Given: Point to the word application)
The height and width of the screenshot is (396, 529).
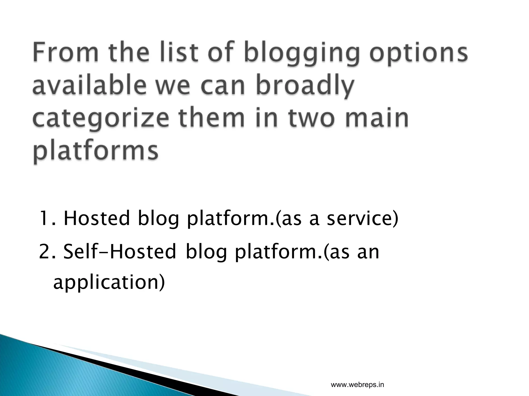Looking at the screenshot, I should coord(109,283).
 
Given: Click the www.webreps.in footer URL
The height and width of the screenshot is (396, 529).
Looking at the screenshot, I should coord(357,378).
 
